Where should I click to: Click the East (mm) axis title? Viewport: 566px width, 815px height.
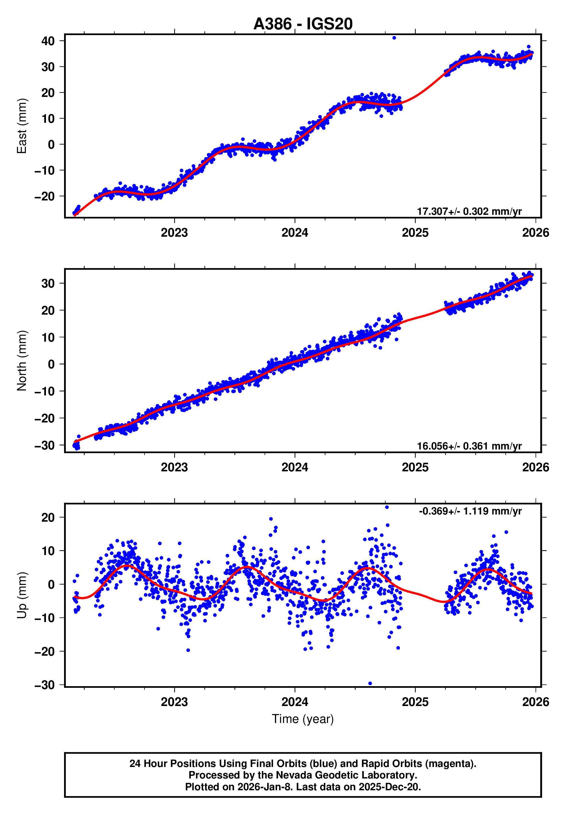click(22, 126)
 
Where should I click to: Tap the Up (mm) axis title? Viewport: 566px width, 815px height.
click(22, 595)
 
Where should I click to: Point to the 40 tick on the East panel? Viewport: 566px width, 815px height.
click(48, 41)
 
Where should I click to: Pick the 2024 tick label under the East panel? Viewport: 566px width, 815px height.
click(295, 233)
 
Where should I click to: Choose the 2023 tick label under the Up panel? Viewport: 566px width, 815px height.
click(174, 702)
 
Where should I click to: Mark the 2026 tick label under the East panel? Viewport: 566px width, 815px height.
click(535, 233)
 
